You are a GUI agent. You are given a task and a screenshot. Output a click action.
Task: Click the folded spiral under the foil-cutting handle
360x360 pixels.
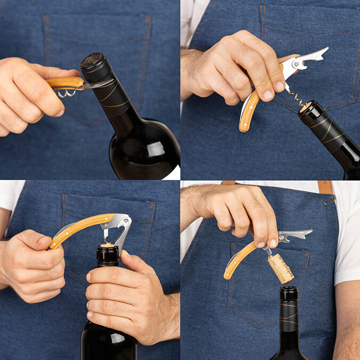(x=66, y=94)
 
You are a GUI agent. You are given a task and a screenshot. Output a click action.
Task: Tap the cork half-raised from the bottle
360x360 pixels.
(x=108, y=246)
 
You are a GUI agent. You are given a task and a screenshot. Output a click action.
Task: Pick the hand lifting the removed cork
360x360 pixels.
(x=234, y=210)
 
